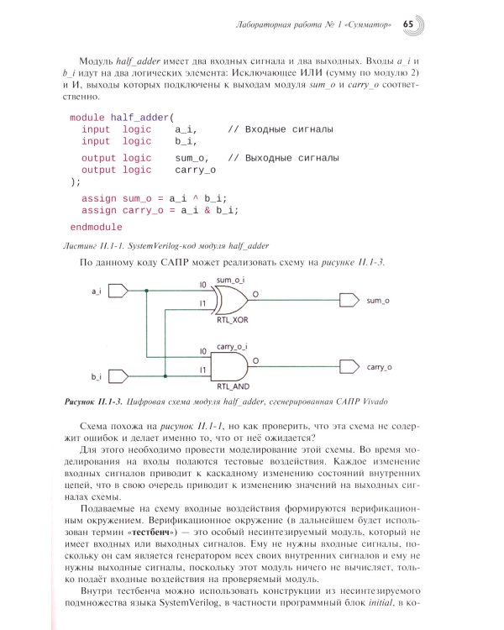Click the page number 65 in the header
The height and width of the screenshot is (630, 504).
point(408,24)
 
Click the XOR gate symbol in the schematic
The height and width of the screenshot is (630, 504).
point(230,298)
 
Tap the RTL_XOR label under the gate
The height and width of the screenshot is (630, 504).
point(232,321)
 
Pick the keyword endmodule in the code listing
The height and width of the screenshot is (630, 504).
point(96,228)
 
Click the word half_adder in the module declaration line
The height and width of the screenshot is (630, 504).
point(139,118)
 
